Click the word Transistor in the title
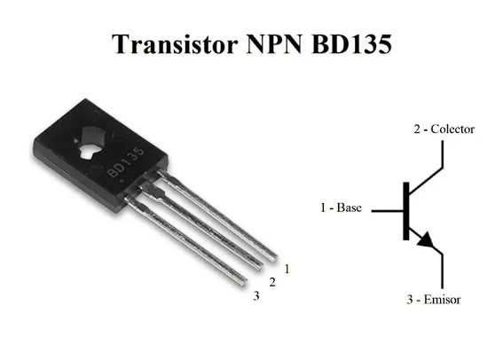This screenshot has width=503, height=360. [x=175, y=44]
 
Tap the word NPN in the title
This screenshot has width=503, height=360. [x=275, y=43]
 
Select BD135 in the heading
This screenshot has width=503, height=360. [x=351, y=43]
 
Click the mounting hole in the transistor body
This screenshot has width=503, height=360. [x=91, y=143]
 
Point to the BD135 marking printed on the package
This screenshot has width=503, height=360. [x=126, y=162]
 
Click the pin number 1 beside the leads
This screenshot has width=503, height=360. [x=287, y=269]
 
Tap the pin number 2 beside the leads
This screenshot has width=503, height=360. [x=272, y=282]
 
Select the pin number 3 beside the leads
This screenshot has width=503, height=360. [x=256, y=295]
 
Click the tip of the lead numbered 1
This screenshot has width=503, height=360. [x=275, y=258]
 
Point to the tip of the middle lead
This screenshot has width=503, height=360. [x=260, y=268]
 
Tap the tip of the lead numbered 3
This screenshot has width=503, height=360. [x=244, y=282]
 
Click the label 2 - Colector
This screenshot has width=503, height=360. [x=444, y=129]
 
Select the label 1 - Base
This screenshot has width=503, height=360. [x=341, y=207]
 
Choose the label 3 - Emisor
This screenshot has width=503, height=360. [x=434, y=300]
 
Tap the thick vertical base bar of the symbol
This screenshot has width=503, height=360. [x=406, y=211]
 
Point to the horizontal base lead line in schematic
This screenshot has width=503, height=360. [x=387, y=211]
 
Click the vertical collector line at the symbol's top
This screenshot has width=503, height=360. [x=443, y=154]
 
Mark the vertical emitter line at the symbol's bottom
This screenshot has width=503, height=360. [x=443, y=271]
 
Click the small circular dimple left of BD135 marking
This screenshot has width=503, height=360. [x=95, y=170]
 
